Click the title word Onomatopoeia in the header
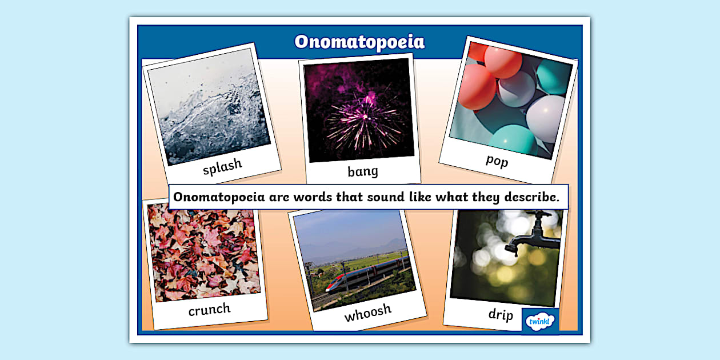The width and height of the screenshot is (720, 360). tap(359, 42)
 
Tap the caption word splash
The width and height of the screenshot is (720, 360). tap(222, 166)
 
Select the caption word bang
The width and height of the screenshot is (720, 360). tap(363, 171)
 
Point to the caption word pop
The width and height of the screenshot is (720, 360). tap(497, 160)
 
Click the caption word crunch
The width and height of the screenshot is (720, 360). tap(210, 310)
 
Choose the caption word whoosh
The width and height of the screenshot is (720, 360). tap(367, 312)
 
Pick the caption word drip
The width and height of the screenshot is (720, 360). tap(501, 314)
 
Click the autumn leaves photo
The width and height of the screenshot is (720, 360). tap(203, 252)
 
